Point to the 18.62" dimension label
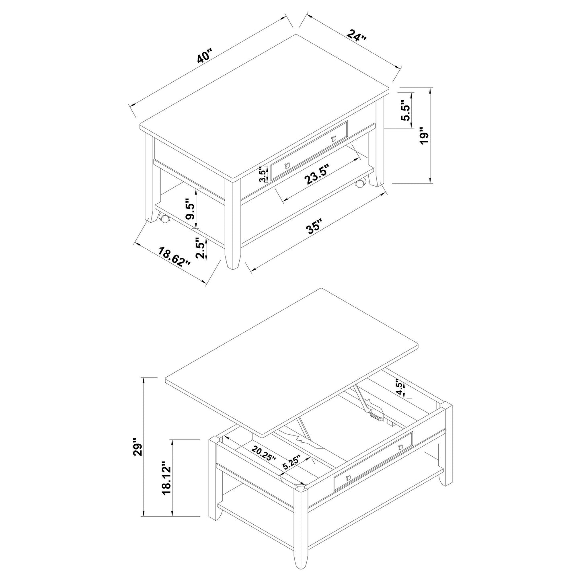174,257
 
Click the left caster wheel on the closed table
164,219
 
